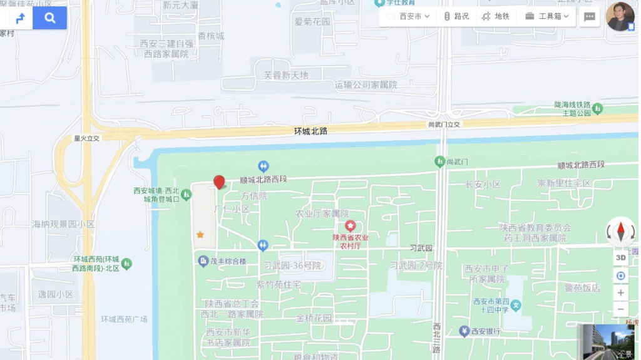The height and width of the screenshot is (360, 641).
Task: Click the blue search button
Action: point(50,18)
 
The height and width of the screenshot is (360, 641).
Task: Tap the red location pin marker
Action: point(219,182)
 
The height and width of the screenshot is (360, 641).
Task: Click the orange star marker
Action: point(200,235)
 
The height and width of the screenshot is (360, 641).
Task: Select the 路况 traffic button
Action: point(456,16)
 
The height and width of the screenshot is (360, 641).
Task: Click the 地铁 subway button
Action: point(496,16)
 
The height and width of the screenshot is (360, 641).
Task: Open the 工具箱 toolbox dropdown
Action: point(547,16)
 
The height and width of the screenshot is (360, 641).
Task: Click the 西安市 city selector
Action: point(409,16)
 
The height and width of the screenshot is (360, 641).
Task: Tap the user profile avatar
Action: point(620,16)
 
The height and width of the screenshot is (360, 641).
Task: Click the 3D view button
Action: point(620,257)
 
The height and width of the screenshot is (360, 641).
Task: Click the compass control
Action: point(620,232)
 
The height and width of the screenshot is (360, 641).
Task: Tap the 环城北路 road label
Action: point(311,131)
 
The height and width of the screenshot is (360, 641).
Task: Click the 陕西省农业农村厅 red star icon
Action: point(350,225)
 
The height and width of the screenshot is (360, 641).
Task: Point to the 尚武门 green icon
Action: point(440,162)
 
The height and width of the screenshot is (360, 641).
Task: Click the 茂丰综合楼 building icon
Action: point(203,260)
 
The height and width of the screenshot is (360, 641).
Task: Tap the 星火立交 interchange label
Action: point(87,138)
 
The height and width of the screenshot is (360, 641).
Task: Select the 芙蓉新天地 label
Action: point(285,75)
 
